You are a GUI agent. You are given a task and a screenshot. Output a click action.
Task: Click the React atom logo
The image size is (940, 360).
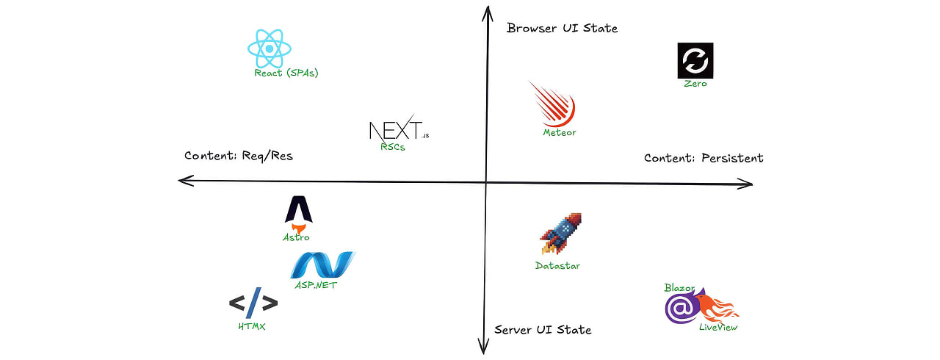coord(269,48)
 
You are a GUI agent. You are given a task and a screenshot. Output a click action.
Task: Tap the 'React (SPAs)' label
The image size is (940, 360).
coord(286,73)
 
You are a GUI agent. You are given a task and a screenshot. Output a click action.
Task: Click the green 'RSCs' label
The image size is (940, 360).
coord(393,147)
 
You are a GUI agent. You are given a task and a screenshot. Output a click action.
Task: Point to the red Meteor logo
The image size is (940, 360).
coord(553,105)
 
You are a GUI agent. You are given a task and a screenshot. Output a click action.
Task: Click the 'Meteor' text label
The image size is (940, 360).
coord(560,132)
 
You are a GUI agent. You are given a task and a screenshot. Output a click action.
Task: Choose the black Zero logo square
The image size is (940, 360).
coord(695,60)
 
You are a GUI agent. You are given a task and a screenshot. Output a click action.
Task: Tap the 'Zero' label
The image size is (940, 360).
coord(695,84)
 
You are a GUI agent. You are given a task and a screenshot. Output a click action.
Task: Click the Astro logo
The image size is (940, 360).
coord(298,214)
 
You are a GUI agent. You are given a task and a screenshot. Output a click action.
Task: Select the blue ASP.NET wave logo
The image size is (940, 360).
coord(322,264)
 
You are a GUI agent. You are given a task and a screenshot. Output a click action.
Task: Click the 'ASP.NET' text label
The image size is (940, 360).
coord(316,285)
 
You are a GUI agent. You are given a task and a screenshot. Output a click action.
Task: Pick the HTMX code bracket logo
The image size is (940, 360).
coord(253,303)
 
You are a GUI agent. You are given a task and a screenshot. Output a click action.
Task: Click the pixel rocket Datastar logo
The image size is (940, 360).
coord(560,234)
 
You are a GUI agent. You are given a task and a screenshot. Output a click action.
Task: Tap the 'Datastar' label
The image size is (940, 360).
coord(557,266)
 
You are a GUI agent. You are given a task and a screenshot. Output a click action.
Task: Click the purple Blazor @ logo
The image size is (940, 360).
coord(681,307)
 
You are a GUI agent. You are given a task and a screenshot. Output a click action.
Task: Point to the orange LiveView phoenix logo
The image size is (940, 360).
coord(717,309)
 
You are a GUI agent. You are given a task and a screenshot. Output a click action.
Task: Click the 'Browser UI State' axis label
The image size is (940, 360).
coord(563,28)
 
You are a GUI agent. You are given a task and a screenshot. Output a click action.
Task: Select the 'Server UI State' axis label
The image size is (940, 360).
coord(543,330)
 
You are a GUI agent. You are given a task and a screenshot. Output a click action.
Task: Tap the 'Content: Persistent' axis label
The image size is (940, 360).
coord(704,158)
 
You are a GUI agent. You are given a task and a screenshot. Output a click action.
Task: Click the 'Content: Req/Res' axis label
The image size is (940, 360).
coord(239,156)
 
